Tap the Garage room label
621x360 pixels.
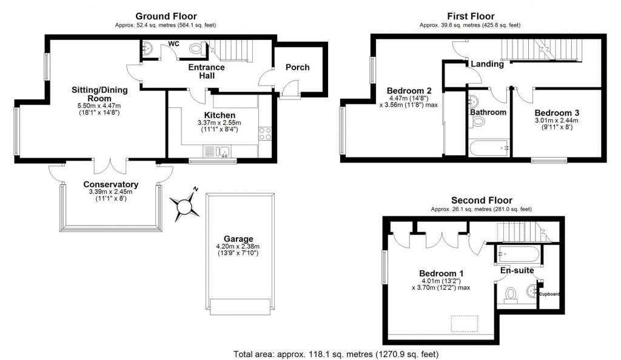coord(238,239)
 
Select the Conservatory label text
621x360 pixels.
coord(111,184)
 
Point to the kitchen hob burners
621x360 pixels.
coord(265,133)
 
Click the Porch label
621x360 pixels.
coord(297,67)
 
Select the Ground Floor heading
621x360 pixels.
coord(165,16)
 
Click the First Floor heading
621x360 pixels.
coord(471,16)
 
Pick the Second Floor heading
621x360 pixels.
coord(482,200)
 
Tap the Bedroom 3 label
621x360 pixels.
coord(557,113)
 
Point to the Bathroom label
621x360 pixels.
coord(488,112)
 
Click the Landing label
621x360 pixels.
coord(487,64)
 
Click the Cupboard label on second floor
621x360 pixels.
coord(549,295)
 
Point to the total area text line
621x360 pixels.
coord(335,353)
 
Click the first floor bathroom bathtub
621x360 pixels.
coord(488,147)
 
